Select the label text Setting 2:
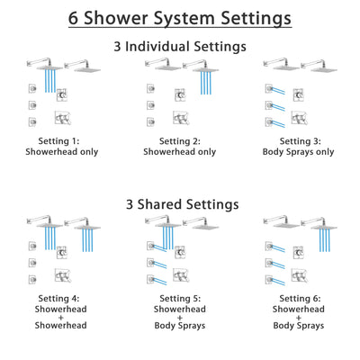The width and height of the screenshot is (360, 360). coord(179,141)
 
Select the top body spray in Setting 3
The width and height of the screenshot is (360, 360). coord(270,88)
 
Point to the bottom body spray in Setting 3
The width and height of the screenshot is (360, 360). coord(270,121)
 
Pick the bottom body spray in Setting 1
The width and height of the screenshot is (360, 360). coord(32,121)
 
